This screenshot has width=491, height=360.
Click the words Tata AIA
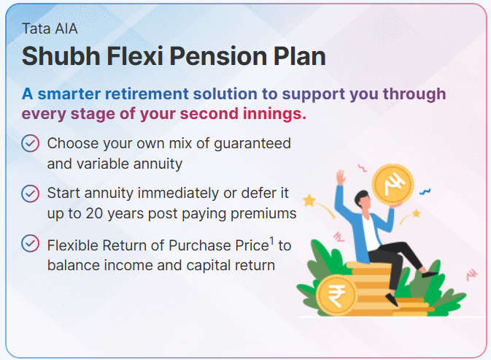click(50, 28)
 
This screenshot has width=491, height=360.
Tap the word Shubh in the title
click(61, 56)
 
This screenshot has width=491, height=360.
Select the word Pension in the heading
click(218, 56)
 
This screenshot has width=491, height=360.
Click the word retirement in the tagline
click(147, 94)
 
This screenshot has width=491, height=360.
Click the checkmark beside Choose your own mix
click(31, 144)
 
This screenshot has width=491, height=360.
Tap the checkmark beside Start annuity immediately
click(31, 194)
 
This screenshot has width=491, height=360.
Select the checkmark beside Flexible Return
click(31, 243)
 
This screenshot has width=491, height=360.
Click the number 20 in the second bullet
click(94, 214)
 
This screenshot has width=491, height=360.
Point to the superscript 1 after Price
click(271, 241)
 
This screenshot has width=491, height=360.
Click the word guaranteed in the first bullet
click(252, 144)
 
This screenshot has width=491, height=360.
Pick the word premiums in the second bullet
click(263, 214)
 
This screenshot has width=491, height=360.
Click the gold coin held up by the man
click(393, 184)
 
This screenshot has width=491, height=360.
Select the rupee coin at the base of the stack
click(336, 294)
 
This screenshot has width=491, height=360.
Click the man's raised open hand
click(341, 177)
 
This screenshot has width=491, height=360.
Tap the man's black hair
click(362, 196)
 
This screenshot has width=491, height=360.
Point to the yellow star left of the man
click(309, 200)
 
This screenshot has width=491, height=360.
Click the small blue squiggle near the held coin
click(425, 191)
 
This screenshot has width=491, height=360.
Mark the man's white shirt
click(371, 232)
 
